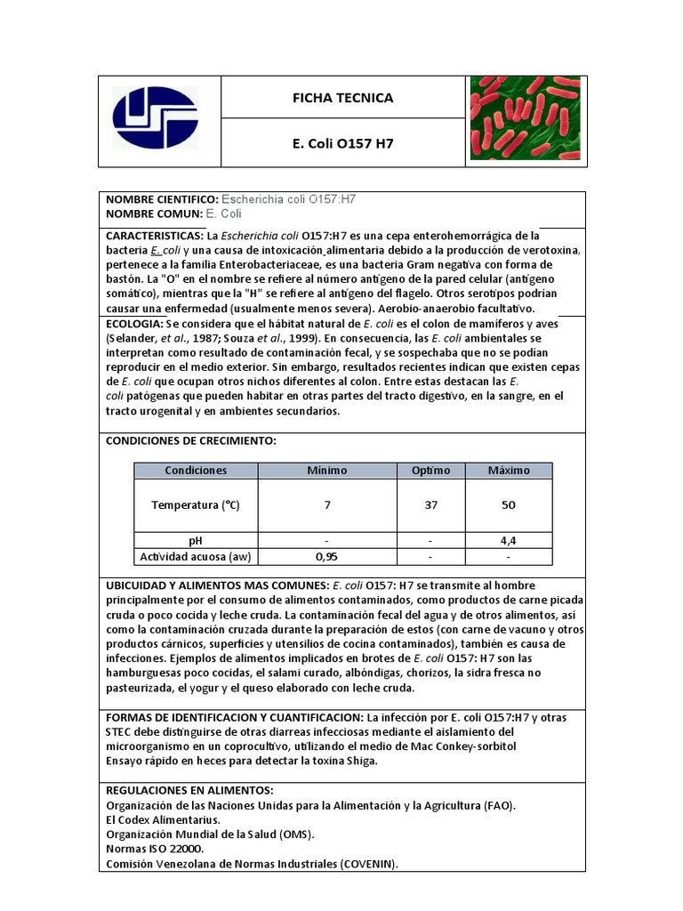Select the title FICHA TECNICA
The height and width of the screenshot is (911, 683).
[x=342, y=98]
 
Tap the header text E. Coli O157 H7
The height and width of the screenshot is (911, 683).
[x=342, y=143]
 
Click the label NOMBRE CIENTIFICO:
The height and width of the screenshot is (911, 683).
[x=162, y=200]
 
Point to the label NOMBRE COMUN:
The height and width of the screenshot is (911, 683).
[x=154, y=214]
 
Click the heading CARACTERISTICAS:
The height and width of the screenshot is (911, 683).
[x=155, y=237]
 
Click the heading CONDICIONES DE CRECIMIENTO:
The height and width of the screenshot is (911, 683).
[x=191, y=441]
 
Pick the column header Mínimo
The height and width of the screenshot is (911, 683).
[x=327, y=470]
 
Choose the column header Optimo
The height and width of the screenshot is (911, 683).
[x=430, y=470]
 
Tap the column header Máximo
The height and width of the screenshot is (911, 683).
[x=508, y=470]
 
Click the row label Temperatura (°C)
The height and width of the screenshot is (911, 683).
[x=196, y=504]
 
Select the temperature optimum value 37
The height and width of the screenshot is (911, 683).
[x=430, y=504]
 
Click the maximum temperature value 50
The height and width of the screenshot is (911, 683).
[x=508, y=504]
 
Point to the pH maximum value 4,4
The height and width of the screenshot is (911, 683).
[x=508, y=540]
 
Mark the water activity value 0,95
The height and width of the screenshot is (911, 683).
[x=327, y=557]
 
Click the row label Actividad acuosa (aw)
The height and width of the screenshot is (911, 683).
[x=196, y=557]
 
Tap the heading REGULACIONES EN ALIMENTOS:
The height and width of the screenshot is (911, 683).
[x=189, y=791]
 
